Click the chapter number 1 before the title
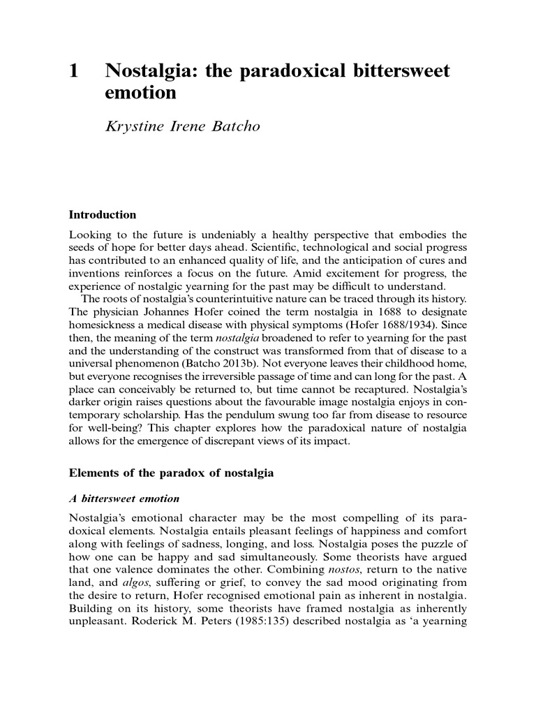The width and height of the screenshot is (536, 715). click(73, 71)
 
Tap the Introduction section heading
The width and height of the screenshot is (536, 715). click(103, 214)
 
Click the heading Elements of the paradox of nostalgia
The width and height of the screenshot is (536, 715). click(172, 473)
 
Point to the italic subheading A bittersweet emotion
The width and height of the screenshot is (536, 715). click(124, 499)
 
